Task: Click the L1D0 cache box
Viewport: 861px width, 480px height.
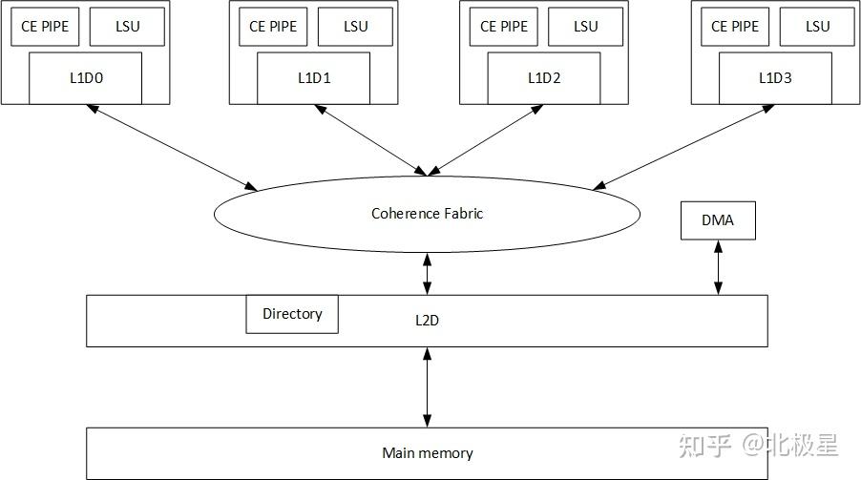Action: click(85, 78)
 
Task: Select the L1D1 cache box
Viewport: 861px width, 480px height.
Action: click(314, 78)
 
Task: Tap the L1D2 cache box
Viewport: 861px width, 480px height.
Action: click(544, 78)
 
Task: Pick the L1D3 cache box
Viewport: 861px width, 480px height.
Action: click(775, 78)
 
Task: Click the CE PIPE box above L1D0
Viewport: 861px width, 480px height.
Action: click(45, 27)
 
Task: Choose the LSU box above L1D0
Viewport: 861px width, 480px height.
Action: click(127, 27)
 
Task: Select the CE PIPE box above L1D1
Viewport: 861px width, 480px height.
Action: click(273, 27)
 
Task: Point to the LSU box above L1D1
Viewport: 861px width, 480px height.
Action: click(355, 27)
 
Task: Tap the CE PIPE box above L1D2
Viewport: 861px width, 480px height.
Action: click(504, 27)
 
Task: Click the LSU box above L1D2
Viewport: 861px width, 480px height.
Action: click(585, 27)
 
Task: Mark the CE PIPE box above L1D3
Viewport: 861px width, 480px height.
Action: click(735, 27)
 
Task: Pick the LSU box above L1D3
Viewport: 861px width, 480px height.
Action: click(817, 27)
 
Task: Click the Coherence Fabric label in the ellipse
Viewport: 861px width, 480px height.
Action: click(427, 214)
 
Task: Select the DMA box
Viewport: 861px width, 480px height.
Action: click(718, 220)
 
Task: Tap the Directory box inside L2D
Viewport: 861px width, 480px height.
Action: click(292, 314)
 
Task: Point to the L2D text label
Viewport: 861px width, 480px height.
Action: click(427, 321)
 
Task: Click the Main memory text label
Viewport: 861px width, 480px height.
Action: click(427, 453)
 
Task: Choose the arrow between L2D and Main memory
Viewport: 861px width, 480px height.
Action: click(427, 386)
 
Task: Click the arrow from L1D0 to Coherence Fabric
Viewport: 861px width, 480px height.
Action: click(177, 146)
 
